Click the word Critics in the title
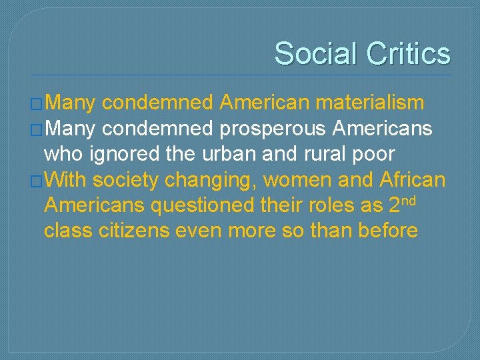coord(409,53)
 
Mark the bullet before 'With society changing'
coord(37,181)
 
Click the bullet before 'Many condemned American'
coord(37,103)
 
